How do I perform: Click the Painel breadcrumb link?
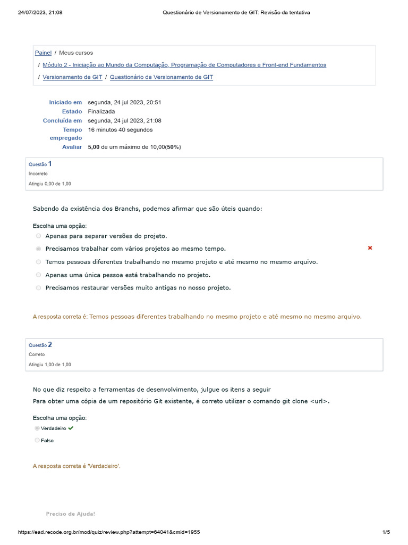[43, 53]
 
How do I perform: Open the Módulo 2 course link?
[184, 65]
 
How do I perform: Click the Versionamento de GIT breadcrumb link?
[72, 77]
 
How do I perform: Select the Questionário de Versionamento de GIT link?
[161, 77]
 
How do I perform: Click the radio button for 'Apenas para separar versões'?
[38, 236]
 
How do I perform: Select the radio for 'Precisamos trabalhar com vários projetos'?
[38, 249]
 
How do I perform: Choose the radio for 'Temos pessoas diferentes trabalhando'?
[38, 262]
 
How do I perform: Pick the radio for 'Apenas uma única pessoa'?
[38, 275]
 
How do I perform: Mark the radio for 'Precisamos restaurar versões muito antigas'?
[38, 288]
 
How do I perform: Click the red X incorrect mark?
[370, 248]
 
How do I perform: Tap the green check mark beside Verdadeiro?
[71, 428]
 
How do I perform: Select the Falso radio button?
[37, 440]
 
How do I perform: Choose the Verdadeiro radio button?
[37, 428]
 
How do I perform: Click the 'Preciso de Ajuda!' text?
[71, 514]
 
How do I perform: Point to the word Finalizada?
[101, 112]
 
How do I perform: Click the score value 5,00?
[93, 147]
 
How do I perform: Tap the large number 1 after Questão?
[50, 164]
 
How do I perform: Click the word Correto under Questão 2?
[37, 354]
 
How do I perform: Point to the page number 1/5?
[386, 532]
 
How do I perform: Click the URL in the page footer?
[109, 532]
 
